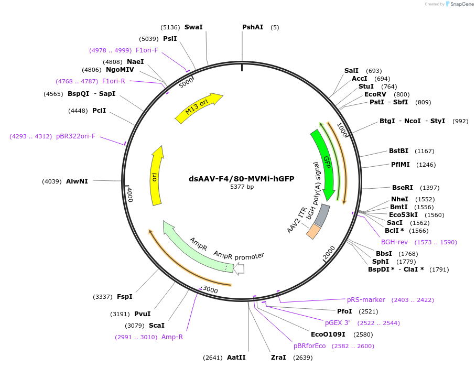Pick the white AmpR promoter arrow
pos(240,269)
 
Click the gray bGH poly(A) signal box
pos(322,215)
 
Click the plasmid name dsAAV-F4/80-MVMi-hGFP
pos(242,179)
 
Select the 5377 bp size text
pos(242,187)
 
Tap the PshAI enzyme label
pos(253,27)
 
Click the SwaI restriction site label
pos(193,27)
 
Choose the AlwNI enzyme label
pos(77,181)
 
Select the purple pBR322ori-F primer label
pos(75,136)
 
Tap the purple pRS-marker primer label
pos(366,300)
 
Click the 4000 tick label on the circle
pos(129,195)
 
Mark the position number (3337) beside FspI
pos(103,297)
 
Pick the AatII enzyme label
pos(236,358)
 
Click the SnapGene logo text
pos(461,4)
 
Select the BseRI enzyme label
pos(403,188)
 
